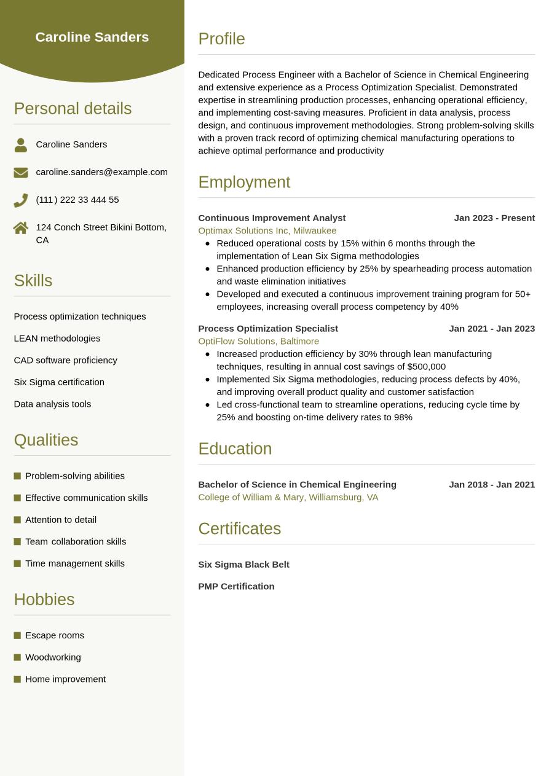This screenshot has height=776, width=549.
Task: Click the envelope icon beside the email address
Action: (x=21, y=173)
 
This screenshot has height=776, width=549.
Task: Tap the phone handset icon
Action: (x=21, y=200)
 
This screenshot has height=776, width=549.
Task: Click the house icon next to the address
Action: (x=21, y=228)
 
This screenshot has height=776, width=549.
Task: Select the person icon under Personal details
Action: (x=21, y=145)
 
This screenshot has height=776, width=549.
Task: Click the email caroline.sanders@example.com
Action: (x=101, y=172)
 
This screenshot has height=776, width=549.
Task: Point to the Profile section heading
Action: (x=221, y=39)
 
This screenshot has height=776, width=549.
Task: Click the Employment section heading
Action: (x=244, y=182)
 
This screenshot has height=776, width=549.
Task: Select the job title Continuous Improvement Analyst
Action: (x=272, y=218)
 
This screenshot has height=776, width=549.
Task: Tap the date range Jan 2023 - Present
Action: (x=494, y=218)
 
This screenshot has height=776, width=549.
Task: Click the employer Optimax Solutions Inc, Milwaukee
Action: (x=267, y=230)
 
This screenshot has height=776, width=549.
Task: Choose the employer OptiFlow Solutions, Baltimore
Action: (x=258, y=341)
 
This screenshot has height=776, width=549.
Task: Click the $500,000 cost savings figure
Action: (x=427, y=367)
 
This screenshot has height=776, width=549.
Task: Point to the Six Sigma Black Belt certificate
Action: (x=243, y=565)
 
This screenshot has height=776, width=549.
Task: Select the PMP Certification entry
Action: (x=236, y=586)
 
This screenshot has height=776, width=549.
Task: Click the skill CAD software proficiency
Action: (x=65, y=360)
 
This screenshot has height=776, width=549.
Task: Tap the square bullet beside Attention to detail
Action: (x=17, y=520)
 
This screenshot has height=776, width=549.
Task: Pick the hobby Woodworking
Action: (x=53, y=657)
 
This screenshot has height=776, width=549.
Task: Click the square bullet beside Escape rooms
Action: (x=17, y=635)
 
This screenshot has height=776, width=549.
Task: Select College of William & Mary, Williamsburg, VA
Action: (x=288, y=497)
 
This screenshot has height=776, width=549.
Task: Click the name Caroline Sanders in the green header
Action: (x=92, y=37)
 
